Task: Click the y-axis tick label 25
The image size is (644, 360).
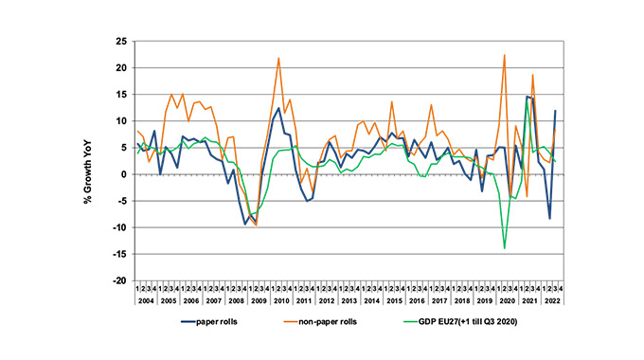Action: (121, 42)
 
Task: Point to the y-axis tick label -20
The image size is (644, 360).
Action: (119, 281)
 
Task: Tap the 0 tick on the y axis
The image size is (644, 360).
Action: (124, 174)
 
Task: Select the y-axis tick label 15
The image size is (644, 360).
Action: (121, 95)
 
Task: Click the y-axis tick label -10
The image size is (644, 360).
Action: (119, 228)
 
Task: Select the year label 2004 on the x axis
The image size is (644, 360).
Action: (146, 299)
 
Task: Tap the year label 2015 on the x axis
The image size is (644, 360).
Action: (393, 299)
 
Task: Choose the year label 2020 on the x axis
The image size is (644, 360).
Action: (506, 299)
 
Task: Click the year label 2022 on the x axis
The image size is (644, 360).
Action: (551, 299)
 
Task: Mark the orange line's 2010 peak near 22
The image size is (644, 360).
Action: (278, 59)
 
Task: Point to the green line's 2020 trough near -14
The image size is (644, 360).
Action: (505, 248)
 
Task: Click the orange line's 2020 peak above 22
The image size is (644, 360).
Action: (505, 55)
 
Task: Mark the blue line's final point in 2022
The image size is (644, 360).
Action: (555, 111)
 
